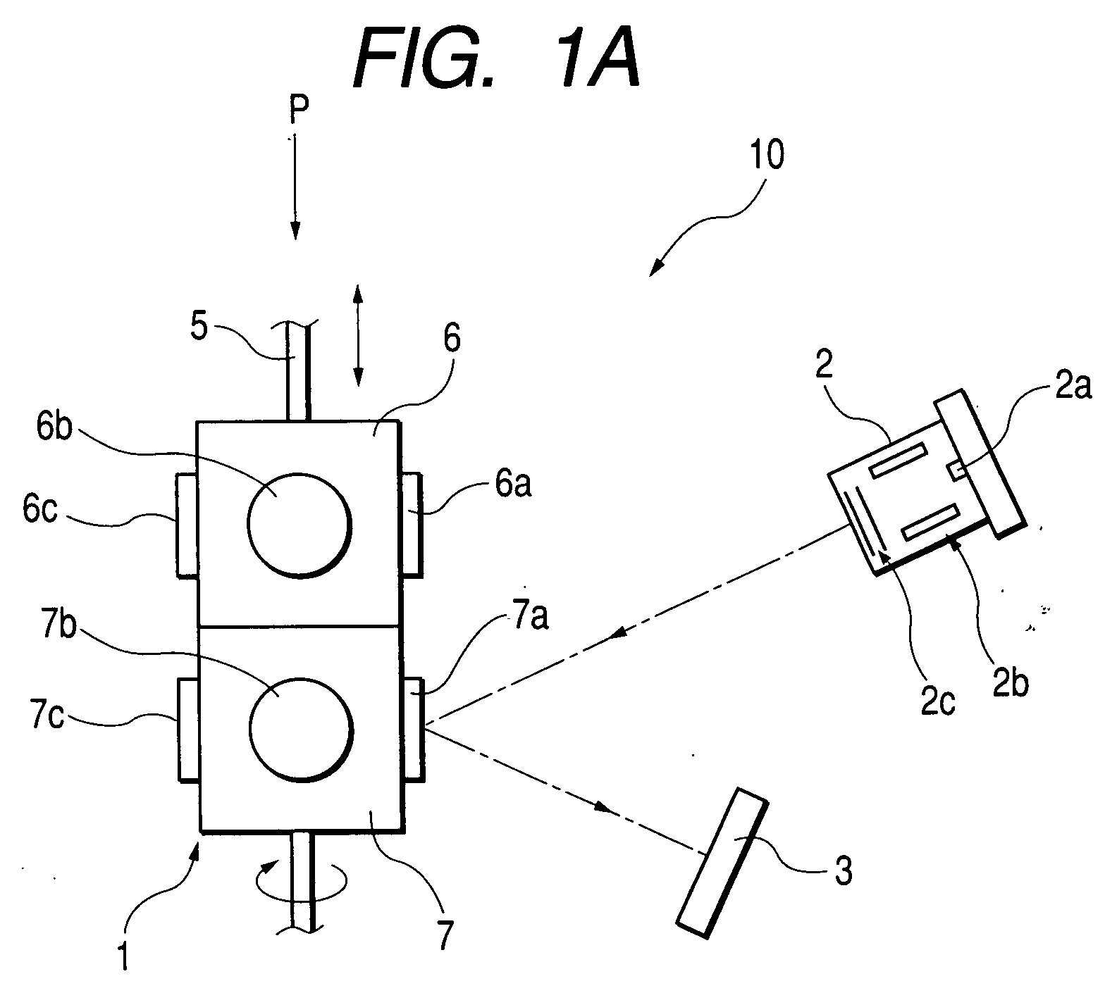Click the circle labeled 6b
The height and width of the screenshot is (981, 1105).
click(x=299, y=524)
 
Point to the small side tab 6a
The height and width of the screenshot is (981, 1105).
click(x=411, y=523)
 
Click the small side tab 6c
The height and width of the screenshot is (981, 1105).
click(x=186, y=525)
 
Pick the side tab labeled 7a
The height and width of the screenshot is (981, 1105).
click(x=413, y=728)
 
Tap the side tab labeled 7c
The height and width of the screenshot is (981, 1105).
click(x=189, y=730)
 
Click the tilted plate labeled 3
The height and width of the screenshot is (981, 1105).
click(x=721, y=863)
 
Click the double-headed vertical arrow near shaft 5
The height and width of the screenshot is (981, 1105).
click(x=357, y=335)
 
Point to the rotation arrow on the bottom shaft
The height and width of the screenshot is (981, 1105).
click(x=302, y=880)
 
